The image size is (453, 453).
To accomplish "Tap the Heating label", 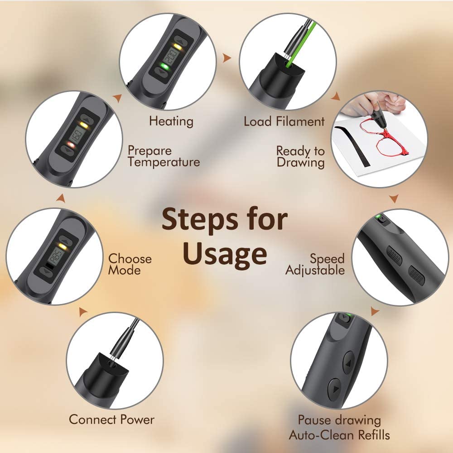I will pos(171,121).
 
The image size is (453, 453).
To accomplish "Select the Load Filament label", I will pos(284,121).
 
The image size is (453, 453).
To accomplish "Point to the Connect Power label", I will pos(111,419).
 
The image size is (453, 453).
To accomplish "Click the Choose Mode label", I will pos(130,265).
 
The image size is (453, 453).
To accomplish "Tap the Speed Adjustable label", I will pos(315,265).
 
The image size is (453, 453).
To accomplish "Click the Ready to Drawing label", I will pos(300,157).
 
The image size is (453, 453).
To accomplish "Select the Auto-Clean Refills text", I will pos(339,435).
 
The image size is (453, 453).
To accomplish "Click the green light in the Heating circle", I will pos(164,67).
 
